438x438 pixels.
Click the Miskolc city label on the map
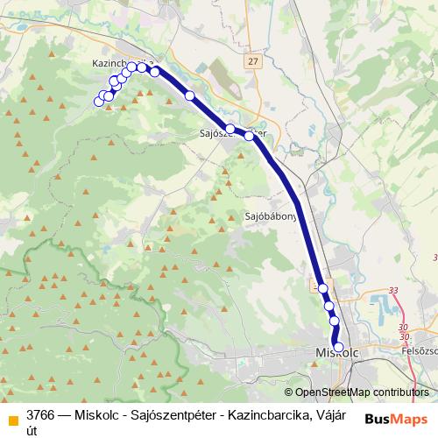coord(336,352)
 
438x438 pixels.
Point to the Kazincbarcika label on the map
coord(114,63)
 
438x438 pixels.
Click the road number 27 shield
coord(253,61)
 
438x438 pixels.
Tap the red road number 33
coord(392,290)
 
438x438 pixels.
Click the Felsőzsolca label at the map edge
coord(418,350)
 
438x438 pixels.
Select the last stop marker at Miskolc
coord(338,346)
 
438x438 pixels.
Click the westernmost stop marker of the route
coord(99,102)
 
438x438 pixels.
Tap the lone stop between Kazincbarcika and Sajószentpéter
coord(189,95)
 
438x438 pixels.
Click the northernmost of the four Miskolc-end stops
coord(322,288)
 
